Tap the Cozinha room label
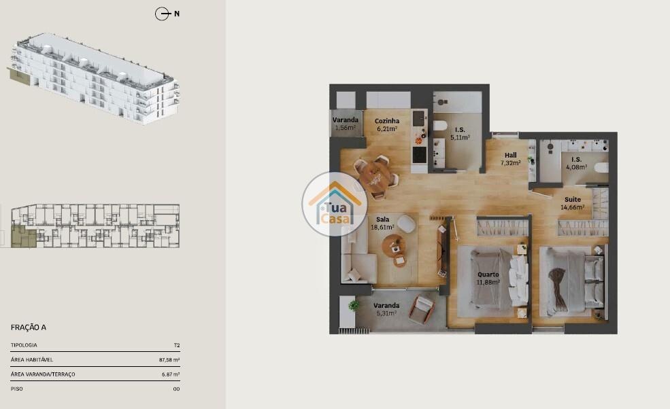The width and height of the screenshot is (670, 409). point(387,121)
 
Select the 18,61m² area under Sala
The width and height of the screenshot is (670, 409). point(382,227)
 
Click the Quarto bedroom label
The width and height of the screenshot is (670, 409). point(488,274)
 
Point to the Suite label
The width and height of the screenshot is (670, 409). point(573,199)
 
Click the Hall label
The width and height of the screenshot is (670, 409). point(511,155)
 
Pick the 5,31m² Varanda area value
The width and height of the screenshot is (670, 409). point(386,313)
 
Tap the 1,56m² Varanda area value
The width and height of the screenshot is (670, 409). point(346,127)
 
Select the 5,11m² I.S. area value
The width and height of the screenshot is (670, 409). point(460,137)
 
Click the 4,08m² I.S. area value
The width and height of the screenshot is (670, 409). point(576,167)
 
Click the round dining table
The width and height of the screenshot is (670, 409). point(375,177)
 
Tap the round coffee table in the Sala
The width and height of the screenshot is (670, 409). point(394,246)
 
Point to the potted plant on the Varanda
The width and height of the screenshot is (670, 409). point(354,305)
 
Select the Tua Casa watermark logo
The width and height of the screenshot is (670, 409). point(334,204)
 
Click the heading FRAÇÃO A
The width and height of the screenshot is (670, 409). point(28,327)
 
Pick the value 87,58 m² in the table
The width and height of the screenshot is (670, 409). point(169,360)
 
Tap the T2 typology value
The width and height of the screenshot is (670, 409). point(176,345)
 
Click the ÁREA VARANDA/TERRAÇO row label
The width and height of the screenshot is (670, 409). point(43,374)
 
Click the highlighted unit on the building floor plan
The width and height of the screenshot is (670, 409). point(24,236)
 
